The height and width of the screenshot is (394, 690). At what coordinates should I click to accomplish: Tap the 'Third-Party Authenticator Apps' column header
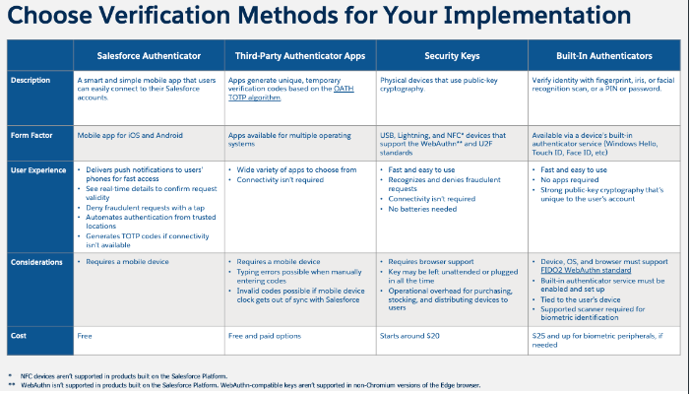pos(299,56)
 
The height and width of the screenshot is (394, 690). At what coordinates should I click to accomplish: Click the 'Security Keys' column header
pos(452,56)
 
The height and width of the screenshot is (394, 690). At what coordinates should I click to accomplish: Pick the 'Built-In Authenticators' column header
pos(603,56)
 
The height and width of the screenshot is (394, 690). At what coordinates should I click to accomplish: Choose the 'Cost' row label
pos(20,335)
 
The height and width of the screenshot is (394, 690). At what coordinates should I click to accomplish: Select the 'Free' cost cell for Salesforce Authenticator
pos(85,335)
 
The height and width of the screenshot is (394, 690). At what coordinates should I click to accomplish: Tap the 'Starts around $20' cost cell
pos(410,335)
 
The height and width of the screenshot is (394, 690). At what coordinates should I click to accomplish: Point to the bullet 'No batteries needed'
pos(424,209)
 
